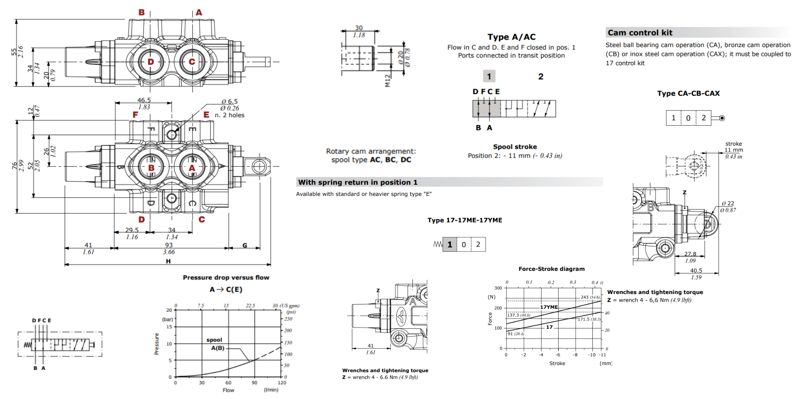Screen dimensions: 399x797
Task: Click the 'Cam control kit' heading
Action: pyautogui.click(x=640, y=33)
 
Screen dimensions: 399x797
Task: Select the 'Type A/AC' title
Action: pyautogui.click(x=511, y=37)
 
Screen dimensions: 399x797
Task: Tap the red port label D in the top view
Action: pyautogui.click(x=151, y=62)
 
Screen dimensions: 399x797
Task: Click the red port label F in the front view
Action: pyautogui.click(x=135, y=115)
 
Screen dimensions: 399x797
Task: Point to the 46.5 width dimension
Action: pyautogui.click(x=144, y=100)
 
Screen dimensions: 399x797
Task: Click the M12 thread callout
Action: pyautogui.click(x=387, y=81)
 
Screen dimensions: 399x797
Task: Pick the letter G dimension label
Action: pyautogui.click(x=245, y=245)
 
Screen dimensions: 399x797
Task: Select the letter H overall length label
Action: pyautogui.click(x=168, y=261)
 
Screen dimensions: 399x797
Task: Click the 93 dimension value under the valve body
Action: pyautogui.click(x=169, y=245)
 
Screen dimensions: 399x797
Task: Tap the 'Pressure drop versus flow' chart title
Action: pyautogui.click(x=226, y=277)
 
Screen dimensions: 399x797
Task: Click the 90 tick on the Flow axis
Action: pyautogui.click(x=254, y=383)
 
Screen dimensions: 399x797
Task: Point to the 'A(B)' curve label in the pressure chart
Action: pyautogui.click(x=218, y=348)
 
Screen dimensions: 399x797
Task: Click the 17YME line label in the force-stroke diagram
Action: pyautogui.click(x=549, y=307)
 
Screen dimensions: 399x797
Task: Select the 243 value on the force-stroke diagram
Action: pyautogui.click(x=585, y=297)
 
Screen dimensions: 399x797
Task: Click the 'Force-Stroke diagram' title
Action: pyautogui.click(x=552, y=269)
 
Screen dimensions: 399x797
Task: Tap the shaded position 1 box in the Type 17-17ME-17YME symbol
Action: pyautogui.click(x=450, y=245)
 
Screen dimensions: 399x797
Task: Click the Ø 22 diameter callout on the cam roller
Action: pyautogui.click(x=728, y=203)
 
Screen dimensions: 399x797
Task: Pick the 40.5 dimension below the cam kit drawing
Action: pyautogui.click(x=696, y=271)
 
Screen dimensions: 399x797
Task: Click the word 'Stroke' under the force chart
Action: pyautogui.click(x=557, y=363)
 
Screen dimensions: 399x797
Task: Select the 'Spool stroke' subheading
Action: pyautogui.click(x=515, y=147)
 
